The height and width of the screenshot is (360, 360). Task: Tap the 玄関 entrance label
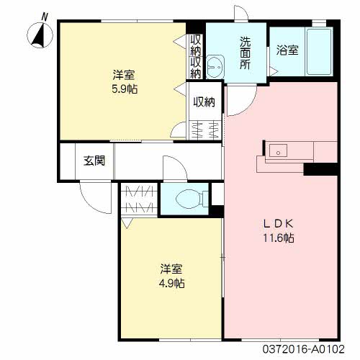pyautogui.click(x=94, y=161)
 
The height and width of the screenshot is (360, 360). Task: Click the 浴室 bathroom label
pyautogui.click(x=287, y=50)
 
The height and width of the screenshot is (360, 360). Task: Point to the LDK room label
pyautogui.click(x=282, y=223)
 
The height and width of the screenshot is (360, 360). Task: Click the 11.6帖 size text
pyautogui.click(x=282, y=238)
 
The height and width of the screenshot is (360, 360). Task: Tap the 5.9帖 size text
pyautogui.click(x=125, y=89)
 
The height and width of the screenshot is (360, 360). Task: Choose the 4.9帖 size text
pyautogui.click(x=171, y=283)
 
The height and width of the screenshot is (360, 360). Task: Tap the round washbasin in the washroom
pyautogui.click(x=215, y=67)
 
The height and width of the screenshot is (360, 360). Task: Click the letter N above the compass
pyautogui.click(x=45, y=15)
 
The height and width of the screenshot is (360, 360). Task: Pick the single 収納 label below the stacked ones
pyautogui.click(x=204, y=102)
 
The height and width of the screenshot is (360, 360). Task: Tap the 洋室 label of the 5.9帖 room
pyautogui.click(x=123, y=75)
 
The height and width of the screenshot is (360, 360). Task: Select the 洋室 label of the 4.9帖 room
pyautogui.click(x=171, y=269)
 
